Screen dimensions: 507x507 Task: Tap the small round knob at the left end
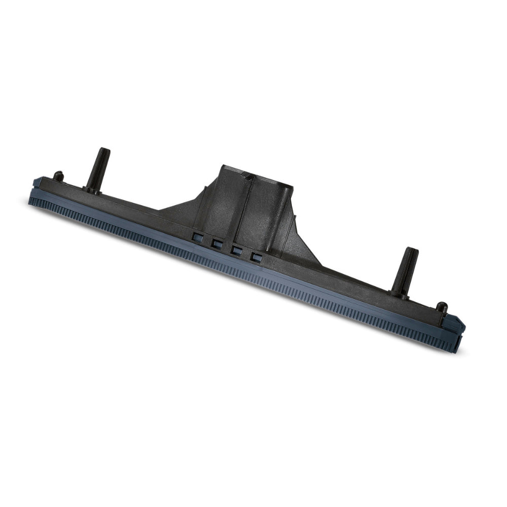pyautogui.click(x=59, y=176)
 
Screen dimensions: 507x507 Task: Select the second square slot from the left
pyautogui.click(x=216, y=243)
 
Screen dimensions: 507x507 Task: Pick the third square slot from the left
pyautogui.click(x=236, y=249)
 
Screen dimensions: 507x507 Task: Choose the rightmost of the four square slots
pyautogui.click(x=256, y=257)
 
